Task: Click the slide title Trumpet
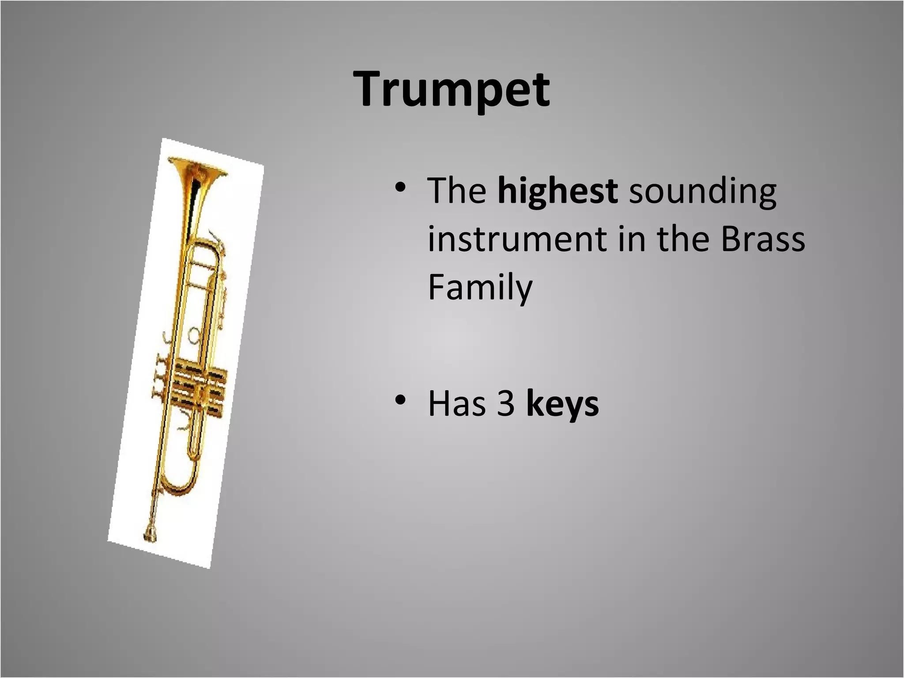click(x=452, y=90)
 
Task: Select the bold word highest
click(x=557, y=191)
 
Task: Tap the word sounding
click(x=702, y=192)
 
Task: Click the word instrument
click(x=517, y=239)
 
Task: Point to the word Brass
click(x=762, y=239)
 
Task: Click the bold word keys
click(x=562, y=403)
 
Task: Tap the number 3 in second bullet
click(x=506, y=403)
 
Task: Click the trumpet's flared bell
click(x=197, y=170)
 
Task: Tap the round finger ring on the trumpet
click(x=194, y=335)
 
